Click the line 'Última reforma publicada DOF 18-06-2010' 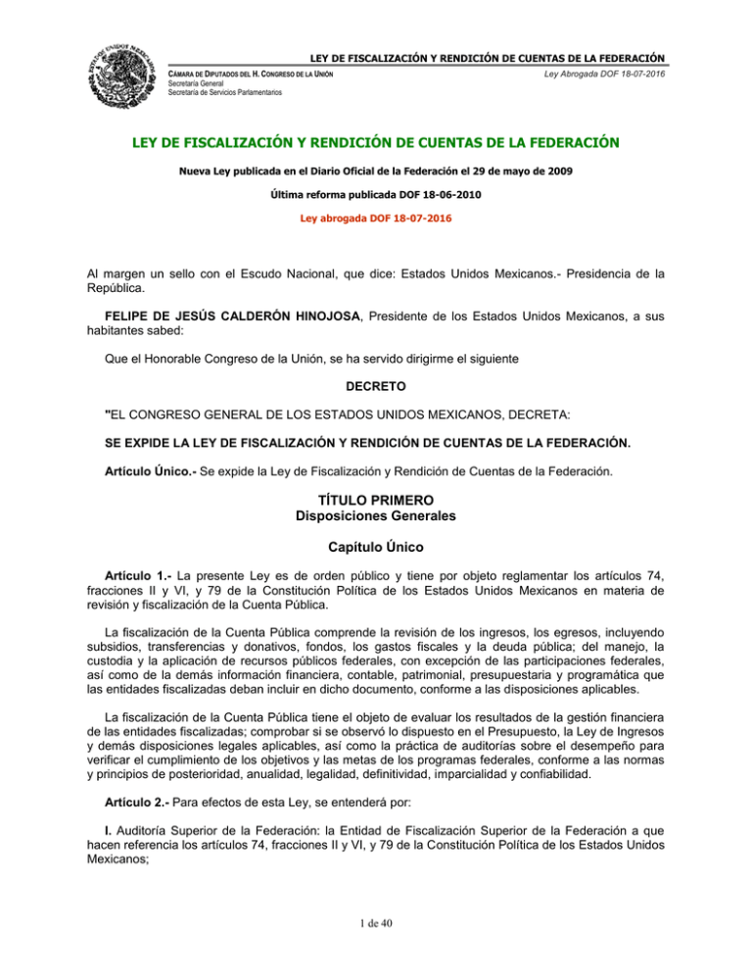pyautogui.click(x=376, y=194)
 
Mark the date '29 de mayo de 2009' pyautogui.click(x=532, y=173)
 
